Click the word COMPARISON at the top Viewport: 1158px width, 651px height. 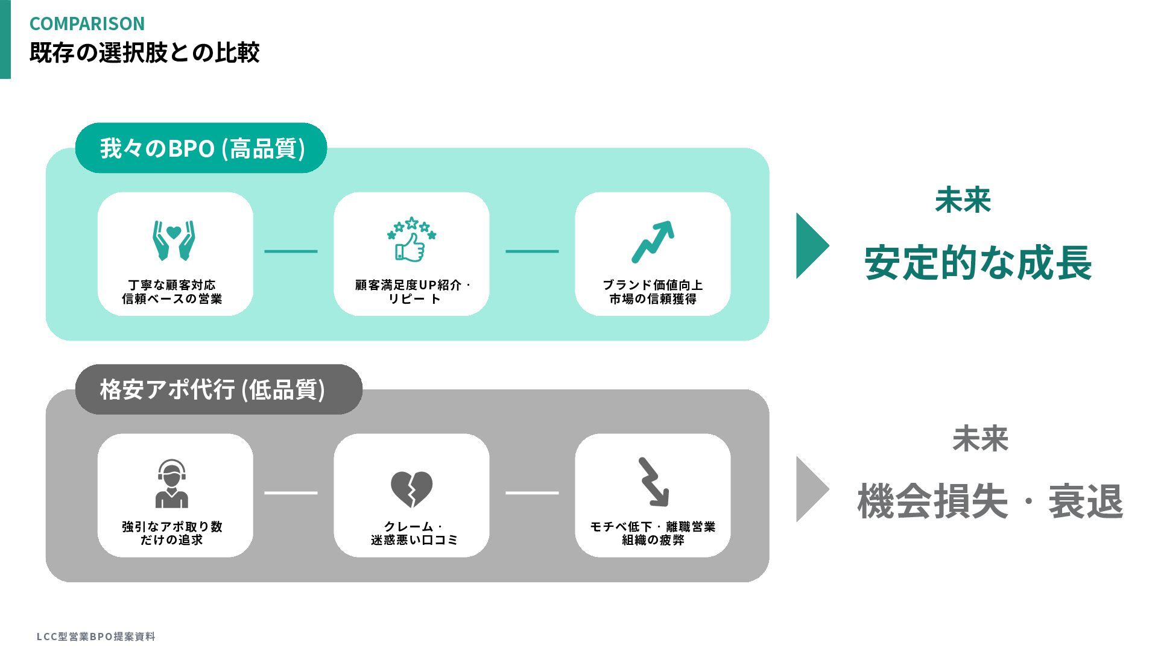pos(87,24)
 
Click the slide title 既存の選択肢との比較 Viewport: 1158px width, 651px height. pos(144,52)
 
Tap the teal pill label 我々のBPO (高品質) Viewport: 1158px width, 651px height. pos(201,148)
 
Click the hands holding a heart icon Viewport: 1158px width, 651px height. pos(174,240)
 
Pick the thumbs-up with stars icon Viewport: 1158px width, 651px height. pos(411,239)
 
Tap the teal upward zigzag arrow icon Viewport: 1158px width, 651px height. pos(653,242)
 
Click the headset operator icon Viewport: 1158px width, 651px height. pos(172,483)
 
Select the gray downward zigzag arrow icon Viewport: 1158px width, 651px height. pos(653,482)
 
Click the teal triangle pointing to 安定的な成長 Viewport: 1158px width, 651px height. pos(810,245)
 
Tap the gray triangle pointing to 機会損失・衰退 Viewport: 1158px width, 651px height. pos(810,489)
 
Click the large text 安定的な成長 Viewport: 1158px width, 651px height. pos(978,263)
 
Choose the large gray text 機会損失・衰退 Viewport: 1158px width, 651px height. pos(990,502)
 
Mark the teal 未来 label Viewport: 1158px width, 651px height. pos(963,200)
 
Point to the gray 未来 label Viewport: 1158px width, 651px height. pos(980,439)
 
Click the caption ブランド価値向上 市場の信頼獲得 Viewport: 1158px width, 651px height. pos(653,292)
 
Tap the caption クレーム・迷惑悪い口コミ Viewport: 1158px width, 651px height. pos(414,533)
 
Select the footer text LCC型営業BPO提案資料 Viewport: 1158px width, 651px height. pos(96,637)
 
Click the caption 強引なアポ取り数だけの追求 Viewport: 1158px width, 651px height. pos(172,533)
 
